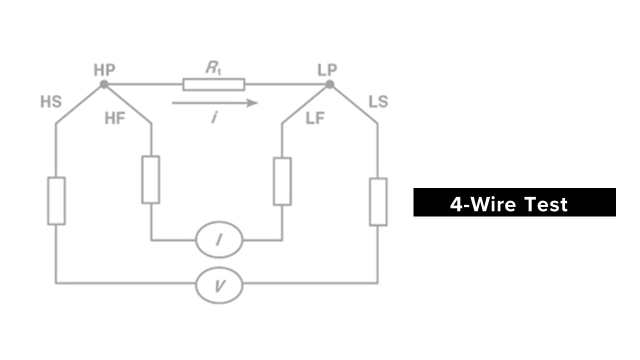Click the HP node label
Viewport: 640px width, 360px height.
[x=104, y=70]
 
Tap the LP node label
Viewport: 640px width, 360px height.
[x=327, y=70]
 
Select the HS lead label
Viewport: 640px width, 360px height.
[x=51, y=101]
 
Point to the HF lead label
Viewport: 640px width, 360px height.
[x=115, y=118]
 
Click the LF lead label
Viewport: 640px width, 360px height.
[x=315, y=118]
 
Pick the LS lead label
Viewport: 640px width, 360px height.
[x=378, y=101]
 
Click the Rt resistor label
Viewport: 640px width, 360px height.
[x=213, y=68]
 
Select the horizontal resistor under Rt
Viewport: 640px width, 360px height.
[x=213, y=84]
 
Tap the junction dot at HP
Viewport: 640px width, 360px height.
[x=104, y=84]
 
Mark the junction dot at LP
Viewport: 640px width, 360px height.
[x=330, y=84]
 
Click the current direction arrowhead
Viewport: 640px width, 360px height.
[x=252, y=103]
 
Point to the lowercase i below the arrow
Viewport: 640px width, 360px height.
[x=214, y=117]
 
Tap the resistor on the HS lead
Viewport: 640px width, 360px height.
[x=56, y=201]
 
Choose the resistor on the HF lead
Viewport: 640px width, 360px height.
[x=151, y=179]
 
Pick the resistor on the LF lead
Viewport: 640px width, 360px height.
[x=282, y=181]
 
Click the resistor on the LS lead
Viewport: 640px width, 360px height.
[x=378, y=202]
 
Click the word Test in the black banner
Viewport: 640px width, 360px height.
[x=546, y=204]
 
